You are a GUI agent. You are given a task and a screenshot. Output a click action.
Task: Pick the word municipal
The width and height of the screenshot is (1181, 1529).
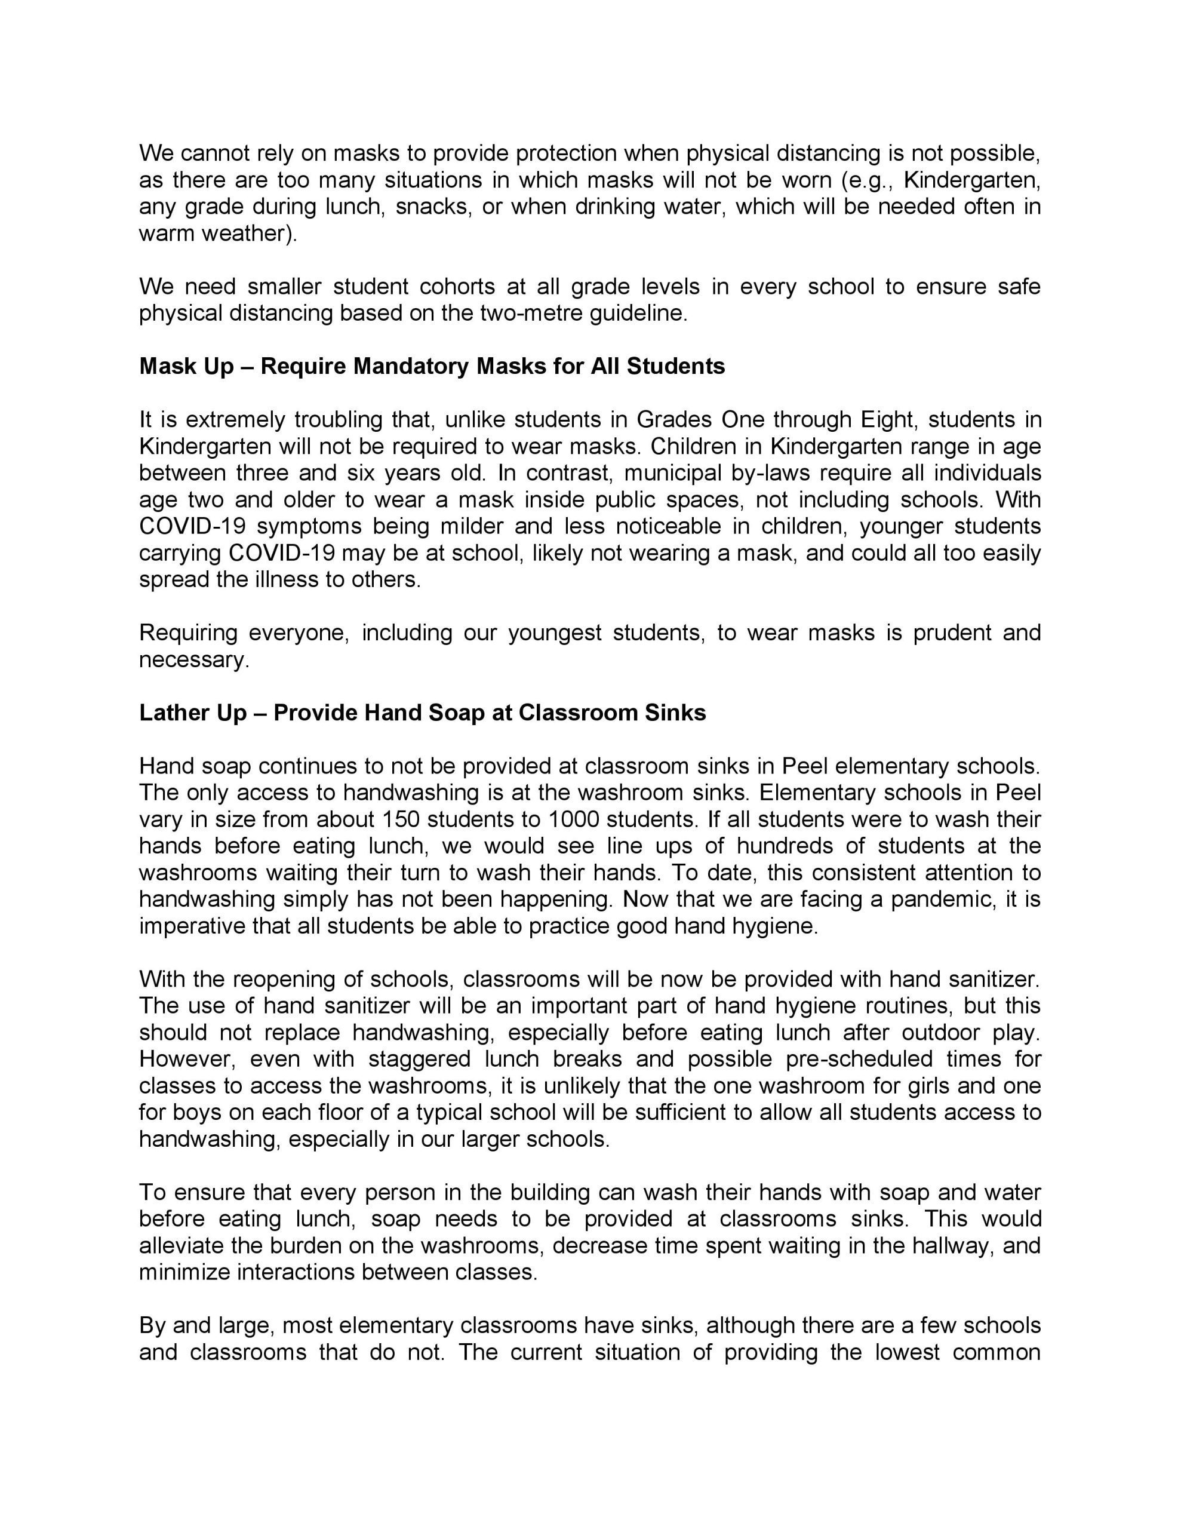point(663,472)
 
